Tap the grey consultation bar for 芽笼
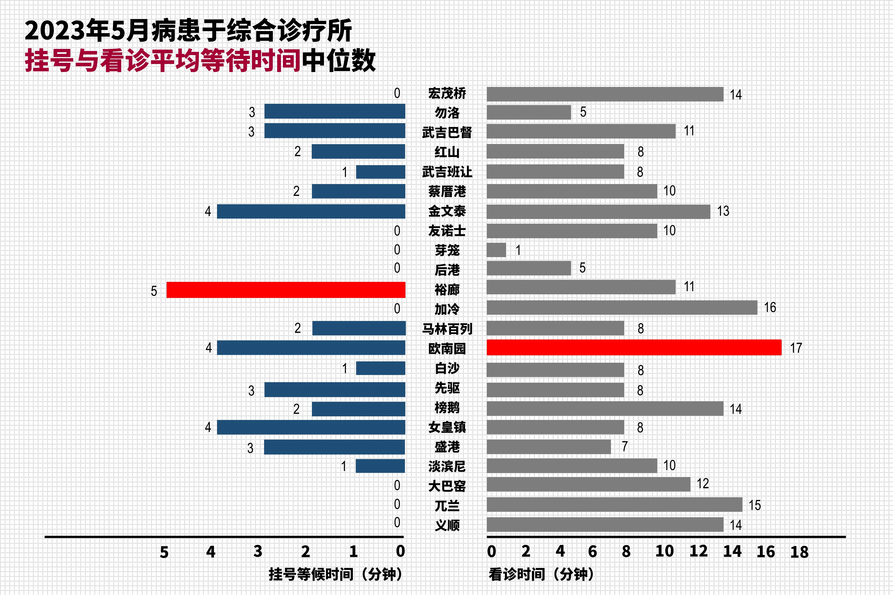[x=496, y=250]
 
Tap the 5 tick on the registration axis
[x=164, y=552]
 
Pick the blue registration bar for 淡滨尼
[x=380, y=466]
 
